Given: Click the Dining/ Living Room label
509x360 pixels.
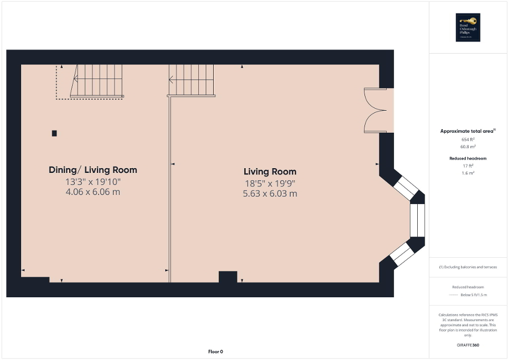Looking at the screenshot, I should pyautogui.click(x=93, y=170).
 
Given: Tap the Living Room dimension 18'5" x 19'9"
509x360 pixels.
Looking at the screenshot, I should pyautogui.click(x=270, y=183).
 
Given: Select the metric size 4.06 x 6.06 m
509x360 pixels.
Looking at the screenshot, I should pyautogui.click(x=93, y=192).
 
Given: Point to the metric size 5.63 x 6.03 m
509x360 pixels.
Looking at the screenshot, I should pyautogui.click(x=270, y=193).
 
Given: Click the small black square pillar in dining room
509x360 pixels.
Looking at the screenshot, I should pyautogui.click(x=54, y=133).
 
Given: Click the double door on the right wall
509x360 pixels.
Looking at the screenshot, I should pyautogui.click(x=375, y=110).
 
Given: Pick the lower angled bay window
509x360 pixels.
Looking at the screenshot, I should pyautogui.click(x=402, y=254).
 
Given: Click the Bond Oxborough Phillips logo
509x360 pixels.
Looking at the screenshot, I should pyautogui.click(x=468, y=27).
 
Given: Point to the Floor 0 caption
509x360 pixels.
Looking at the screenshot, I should pyautogui.click(x=216, y=352).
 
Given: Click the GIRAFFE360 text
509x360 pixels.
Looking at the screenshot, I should pyautogui.click(x=468, y=345).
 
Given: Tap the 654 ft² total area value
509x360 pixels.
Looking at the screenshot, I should pyautogui.click(x=468, y=139).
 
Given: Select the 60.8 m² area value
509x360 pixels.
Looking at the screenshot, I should pyautogui.click(x=468, y=147).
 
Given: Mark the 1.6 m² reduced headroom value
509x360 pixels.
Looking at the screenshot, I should pyautogui.click(x=468, y=173).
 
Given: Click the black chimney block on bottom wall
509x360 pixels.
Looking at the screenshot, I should pyautogui.click(x=228, y=277).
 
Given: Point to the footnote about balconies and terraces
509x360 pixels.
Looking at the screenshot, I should pyautogui.click(x=468, y=267).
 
